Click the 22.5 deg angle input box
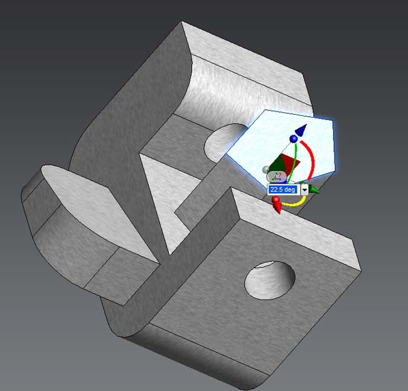click(283, 189)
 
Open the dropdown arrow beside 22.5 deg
click(304, 190)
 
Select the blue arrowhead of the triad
click(302, 130)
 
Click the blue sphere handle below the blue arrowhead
click(294, 138)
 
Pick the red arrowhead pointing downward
click(277, 208)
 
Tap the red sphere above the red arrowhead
click(276, 200)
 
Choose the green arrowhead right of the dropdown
click(314, 189)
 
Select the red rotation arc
click(311, 159)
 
